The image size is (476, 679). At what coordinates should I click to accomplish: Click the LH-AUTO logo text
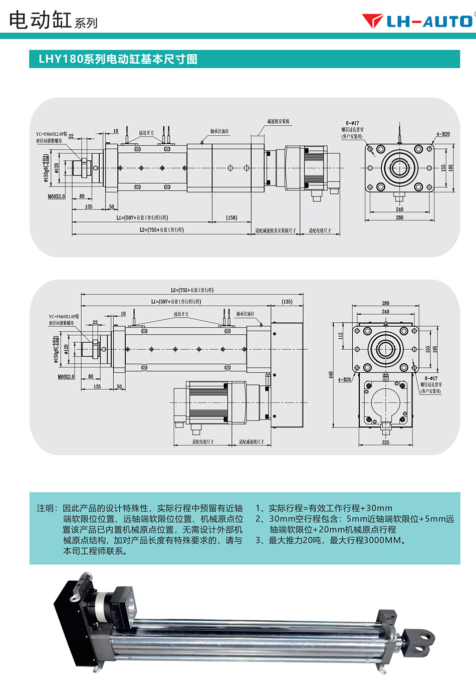429,22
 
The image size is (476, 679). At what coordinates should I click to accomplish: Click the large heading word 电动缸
40,20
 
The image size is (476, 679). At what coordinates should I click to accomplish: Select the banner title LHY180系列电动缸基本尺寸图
118,59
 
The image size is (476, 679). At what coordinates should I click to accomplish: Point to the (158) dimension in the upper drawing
231,217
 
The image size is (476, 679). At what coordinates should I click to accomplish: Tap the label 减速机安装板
278,121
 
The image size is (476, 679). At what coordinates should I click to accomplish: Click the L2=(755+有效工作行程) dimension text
161,230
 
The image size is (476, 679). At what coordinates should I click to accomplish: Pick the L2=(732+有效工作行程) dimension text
192,290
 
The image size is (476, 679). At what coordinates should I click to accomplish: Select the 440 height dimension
331,374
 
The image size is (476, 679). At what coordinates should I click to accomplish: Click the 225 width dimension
385,442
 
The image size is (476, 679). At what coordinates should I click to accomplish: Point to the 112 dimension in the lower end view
341,335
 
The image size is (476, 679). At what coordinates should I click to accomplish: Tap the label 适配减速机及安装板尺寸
275,231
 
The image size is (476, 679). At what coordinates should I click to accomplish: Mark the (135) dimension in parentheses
287,302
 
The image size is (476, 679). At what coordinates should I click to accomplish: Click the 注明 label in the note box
47,508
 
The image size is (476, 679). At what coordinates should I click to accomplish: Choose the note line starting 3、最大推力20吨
331,540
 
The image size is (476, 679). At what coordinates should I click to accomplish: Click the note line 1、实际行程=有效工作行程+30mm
324,508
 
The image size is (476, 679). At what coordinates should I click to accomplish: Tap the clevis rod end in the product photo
419,640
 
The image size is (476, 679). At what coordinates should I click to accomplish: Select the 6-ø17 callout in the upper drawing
352,123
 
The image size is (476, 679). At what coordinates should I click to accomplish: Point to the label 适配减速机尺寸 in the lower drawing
251,441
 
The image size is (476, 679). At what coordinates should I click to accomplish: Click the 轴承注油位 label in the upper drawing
219,131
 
